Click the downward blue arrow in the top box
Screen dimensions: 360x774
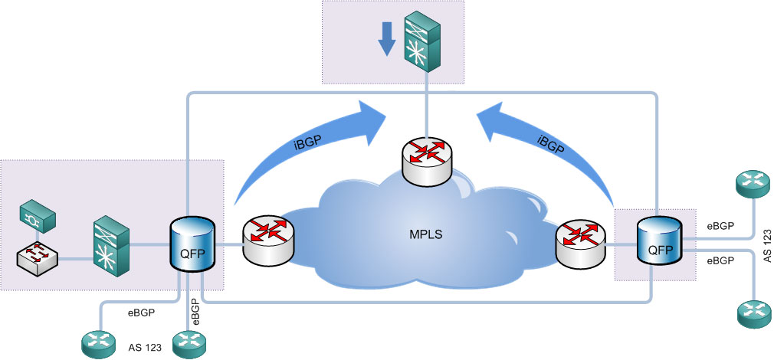[x=388, y=38]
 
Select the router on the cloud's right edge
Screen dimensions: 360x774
[x=579, y=244]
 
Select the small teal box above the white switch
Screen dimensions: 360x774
[x=38, y=216]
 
